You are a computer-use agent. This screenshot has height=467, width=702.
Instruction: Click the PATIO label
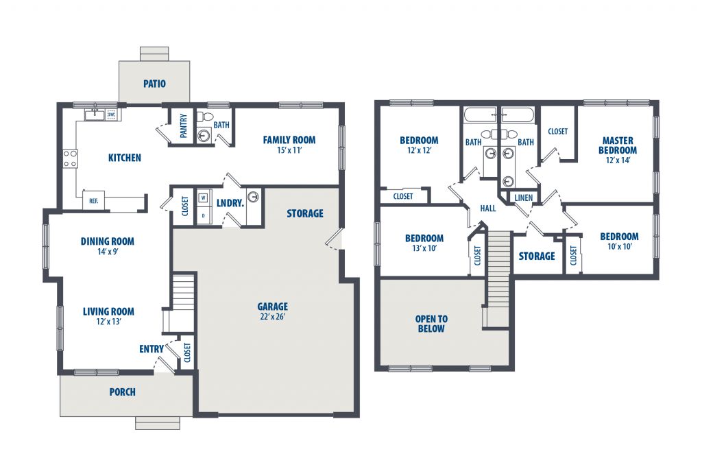[154, 84]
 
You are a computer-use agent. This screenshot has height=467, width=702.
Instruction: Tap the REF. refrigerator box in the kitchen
[93, 200]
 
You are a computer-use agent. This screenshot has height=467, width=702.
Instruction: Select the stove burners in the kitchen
[70, 159]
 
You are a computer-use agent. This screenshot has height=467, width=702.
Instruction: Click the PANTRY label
[184, 125]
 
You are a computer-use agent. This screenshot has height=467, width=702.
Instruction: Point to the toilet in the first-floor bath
[204, 117]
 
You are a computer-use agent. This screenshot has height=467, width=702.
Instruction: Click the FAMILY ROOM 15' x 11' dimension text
[289, 150]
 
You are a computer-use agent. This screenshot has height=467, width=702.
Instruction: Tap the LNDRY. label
[230, 203]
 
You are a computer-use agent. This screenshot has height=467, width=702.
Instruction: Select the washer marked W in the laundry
[204, 197]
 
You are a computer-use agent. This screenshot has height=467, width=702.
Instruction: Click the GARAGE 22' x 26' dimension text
[272, 317]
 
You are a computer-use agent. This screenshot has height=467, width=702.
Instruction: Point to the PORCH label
[122, 392]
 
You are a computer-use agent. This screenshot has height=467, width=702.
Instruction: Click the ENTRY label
[152, 349]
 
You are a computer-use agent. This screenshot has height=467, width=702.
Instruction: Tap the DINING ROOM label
[108, 241]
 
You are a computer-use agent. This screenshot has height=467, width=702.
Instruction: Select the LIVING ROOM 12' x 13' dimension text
[108, 322]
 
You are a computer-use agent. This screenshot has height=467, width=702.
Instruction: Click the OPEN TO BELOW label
[431, 324]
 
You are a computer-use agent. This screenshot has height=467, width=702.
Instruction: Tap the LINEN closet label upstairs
[523, 198]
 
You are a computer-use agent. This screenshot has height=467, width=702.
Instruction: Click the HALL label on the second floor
[488, 208]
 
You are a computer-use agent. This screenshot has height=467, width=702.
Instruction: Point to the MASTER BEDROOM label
[618, 145]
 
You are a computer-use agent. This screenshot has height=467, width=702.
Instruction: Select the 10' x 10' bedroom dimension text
[620, 247]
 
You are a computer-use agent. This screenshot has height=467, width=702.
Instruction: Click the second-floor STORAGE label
[537, 256]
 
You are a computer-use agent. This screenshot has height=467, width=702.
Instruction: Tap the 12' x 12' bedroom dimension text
[419, 150]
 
